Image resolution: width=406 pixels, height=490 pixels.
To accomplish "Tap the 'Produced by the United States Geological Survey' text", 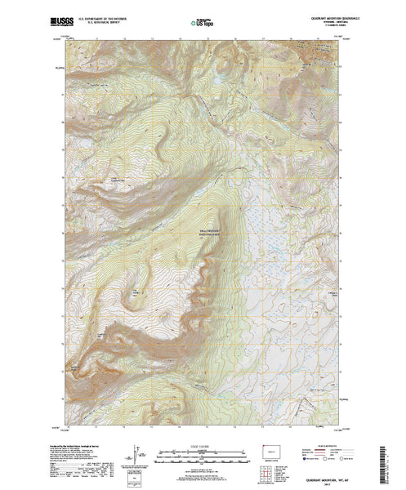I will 82,442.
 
